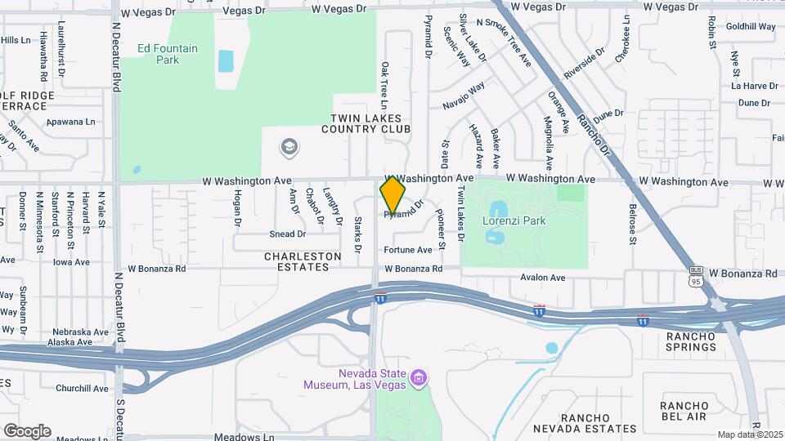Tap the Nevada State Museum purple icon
click(419, 378)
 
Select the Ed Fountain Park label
click(168, 54)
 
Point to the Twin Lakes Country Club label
click(366, 124)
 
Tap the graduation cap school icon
click(288, 148)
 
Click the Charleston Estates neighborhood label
click(303, 261)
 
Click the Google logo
click(27, 430)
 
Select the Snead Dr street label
click(287, 234)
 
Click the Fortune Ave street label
click(407, 250)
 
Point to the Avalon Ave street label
click(543, 278)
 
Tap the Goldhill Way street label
click(750, 27)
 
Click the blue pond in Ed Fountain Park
click(225, 60)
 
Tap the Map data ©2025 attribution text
click(751, 434)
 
